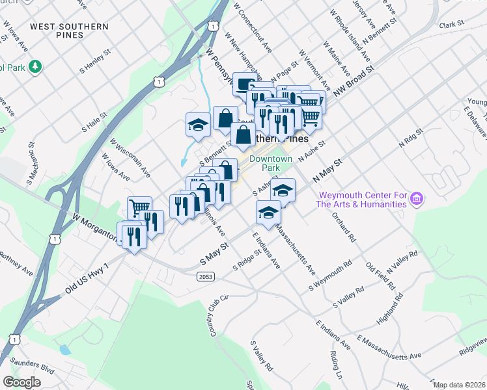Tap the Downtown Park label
coord(270,162)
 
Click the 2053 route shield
coord(206,276)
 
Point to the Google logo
coord(21,382)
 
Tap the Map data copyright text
coord(459,385)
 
